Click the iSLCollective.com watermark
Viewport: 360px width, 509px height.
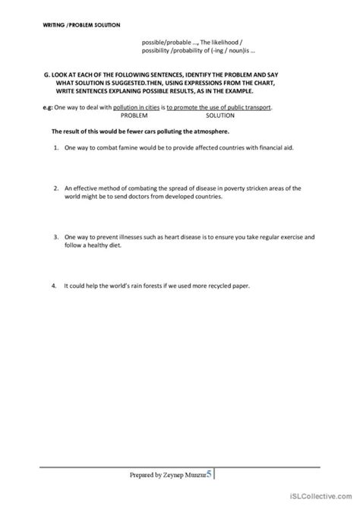(x=327, y=501)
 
